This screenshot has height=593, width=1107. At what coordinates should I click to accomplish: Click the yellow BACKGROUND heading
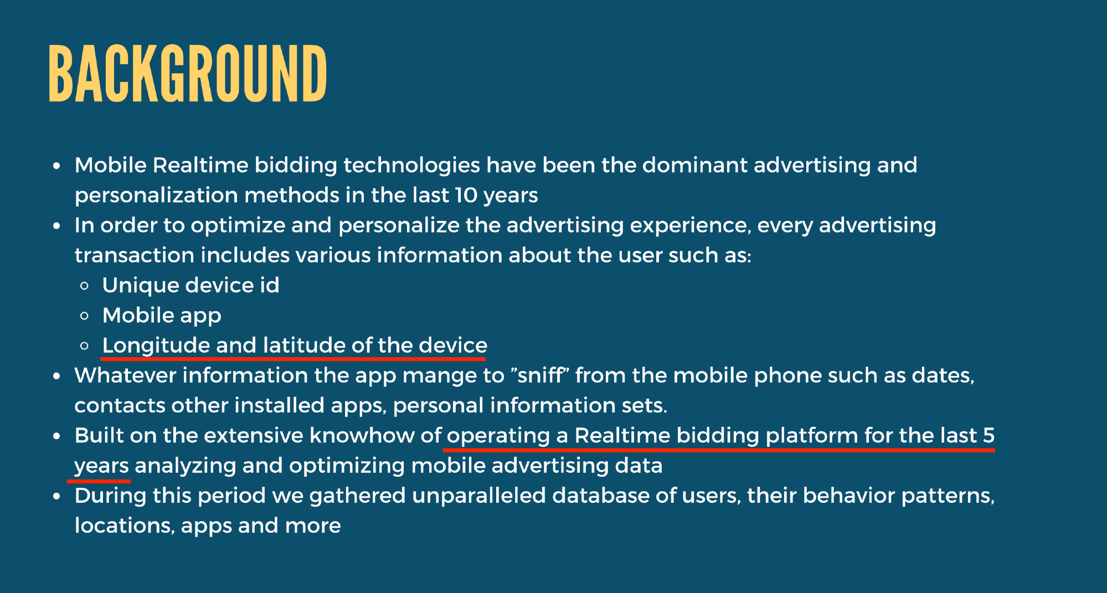[188, 74]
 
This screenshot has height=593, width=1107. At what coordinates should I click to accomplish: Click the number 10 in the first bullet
[466, 195]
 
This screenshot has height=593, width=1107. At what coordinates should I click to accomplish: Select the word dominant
[694, 165]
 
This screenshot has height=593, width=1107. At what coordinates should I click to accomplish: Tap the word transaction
[135, 255]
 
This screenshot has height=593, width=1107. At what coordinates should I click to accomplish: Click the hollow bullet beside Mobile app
[84, 316]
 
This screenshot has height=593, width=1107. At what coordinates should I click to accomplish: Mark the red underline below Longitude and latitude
[293, 359]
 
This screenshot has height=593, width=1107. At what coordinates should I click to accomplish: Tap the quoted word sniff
[540, 375]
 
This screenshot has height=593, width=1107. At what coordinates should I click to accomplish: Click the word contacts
[120, 406]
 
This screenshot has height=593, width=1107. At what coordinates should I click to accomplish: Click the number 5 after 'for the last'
[989, 436]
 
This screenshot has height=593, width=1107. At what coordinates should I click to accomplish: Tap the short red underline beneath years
[99, 481]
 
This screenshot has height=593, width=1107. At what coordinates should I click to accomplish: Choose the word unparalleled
[479, 496]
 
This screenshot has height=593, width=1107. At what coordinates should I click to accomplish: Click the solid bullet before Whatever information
[56, 376]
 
